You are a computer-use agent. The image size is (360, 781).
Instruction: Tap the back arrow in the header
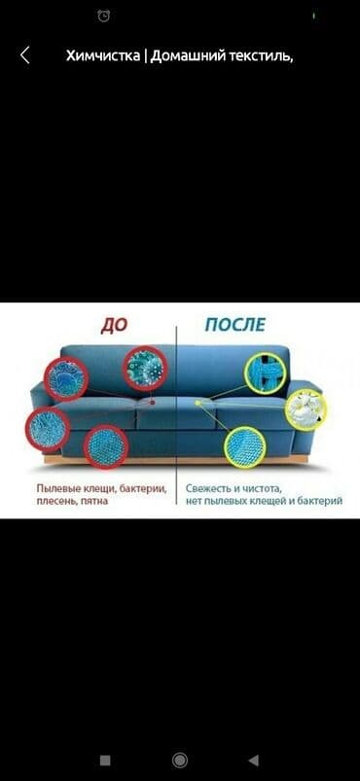pyautogui.click(x=24, y=55)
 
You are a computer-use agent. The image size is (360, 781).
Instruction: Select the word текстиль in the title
pyautogui.click(x=260, y=55)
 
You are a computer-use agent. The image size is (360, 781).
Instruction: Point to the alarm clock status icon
pyautogui.click(x=104, y=16)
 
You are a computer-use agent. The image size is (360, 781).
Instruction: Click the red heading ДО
pyautogui.click(x=114, y=325)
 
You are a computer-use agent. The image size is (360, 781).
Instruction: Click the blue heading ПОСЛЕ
pyautogui.click(x=234, y=325)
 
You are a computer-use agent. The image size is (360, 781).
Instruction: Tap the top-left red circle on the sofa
pyautogui.click(x=64, y=379)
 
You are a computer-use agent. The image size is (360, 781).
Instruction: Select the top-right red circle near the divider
pyautogui.click(x=145, y=369)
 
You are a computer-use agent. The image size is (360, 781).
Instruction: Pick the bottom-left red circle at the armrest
pyautogui.click(x=48, y=428)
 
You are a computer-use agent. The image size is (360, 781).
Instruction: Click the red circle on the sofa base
pyautogui.click(x=106, y=446)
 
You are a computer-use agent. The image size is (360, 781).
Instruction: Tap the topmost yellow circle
pyautogui.click(x=266, y=373)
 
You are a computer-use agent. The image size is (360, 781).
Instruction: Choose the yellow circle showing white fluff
pyautogui.click(x=306, y=408)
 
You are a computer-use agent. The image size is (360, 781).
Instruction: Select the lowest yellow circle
pyautogui.click(x=244, y=446)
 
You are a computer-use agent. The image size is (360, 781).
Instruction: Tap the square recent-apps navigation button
pyautogui.click(x=105, y=760)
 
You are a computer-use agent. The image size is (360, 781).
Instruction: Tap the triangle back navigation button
pyautogui.click(x=254, y=760)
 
